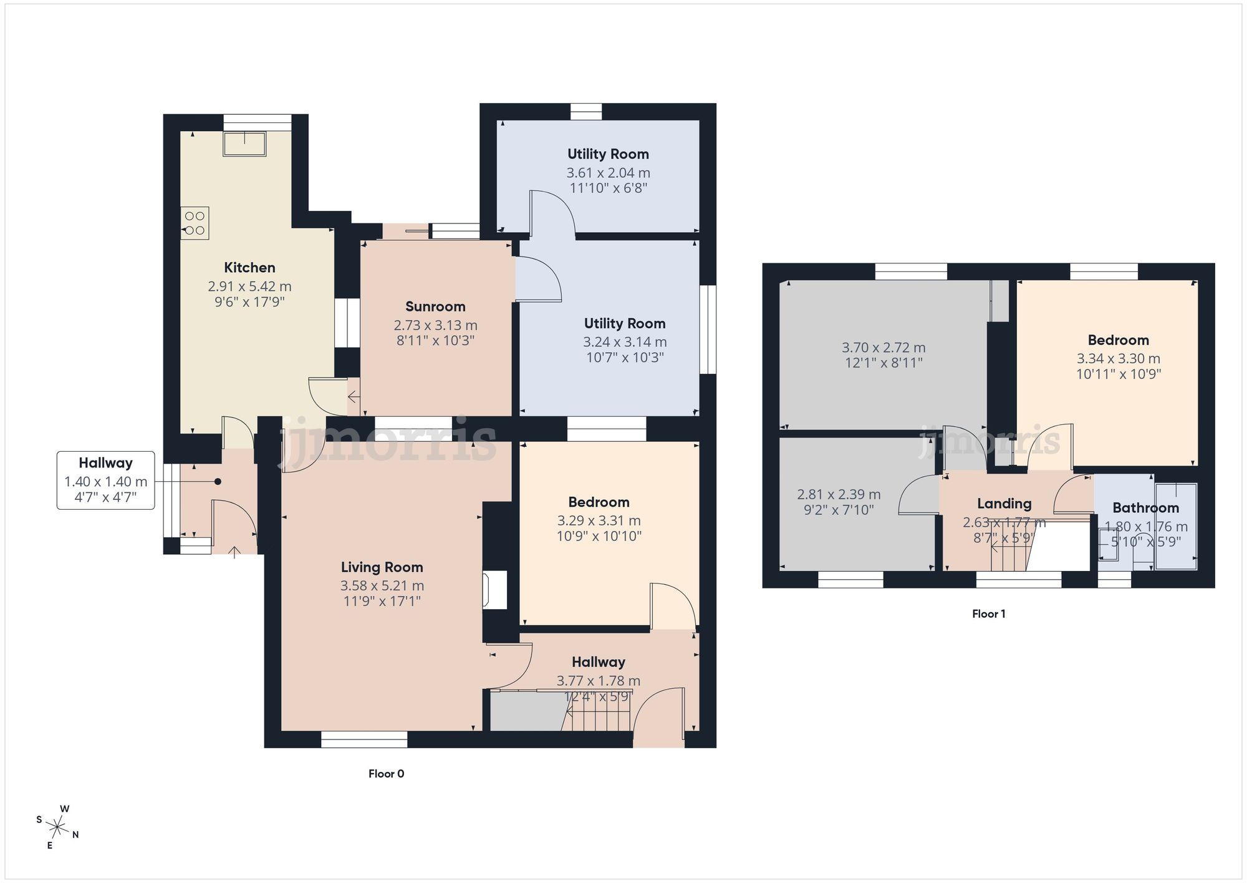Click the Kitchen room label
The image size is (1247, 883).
pos(249,268)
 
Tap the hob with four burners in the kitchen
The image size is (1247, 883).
pos(195,223)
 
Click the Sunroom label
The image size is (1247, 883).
pos(435,306)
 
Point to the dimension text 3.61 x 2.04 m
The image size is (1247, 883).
pos(608,173)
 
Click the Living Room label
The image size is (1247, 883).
pos(382,567)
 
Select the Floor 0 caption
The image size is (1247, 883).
pos(386,774)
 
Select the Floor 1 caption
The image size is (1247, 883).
pos(988,614)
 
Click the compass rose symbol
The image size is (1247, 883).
pos(57,828)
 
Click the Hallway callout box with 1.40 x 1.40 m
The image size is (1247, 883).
pos(106,481)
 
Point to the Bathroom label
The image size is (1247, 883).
pos(1145,508)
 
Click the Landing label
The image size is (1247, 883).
pos(1004,504)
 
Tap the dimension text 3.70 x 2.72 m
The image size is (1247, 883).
pos(883,348)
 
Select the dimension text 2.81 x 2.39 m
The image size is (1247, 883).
pos(839,494)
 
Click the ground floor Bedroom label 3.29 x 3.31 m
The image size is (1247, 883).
pos(599,502)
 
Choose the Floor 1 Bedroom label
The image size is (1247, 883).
pos(1118,340)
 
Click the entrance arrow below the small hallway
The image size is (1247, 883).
pos(234,552)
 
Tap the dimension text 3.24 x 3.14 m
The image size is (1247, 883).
pos(625,342)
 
